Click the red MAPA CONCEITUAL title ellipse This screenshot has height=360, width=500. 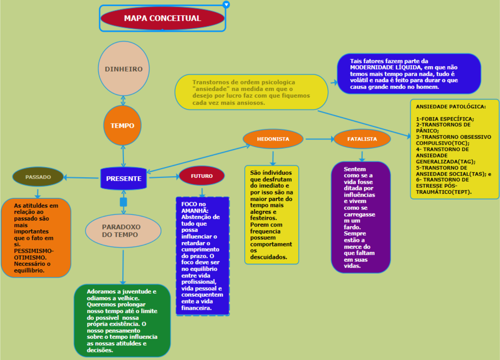tap(162, 18)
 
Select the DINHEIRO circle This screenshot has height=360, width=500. tap(124, 69)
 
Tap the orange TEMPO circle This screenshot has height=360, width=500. tap(122, 125)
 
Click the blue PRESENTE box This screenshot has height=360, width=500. tap(124, 178)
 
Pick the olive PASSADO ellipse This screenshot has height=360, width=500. tap(38, 177)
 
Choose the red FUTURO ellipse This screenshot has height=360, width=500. tap(201, 176)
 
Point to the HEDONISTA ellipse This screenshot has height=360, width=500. tap(273, 139)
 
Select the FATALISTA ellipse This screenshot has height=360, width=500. tap(362, 139)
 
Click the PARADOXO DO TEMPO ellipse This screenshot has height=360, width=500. tap(123, 231)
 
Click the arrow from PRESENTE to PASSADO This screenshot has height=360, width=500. tap(81, 178)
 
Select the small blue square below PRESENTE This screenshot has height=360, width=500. tap(124, 202)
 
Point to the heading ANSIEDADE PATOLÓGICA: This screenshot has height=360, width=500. tap(451, 107)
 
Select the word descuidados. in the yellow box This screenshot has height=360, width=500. tap(268, 257)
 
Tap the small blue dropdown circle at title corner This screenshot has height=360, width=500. tap(226, 4)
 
